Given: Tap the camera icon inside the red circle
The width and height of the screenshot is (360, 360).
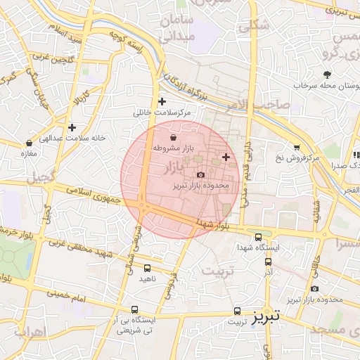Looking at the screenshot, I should click(200, 174).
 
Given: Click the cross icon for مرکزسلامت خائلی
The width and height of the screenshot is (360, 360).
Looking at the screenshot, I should click(162, 101).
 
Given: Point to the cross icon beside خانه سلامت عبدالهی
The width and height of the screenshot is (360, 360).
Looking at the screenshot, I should click(72, 127).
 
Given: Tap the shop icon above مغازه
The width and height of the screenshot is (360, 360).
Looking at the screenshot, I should click(29, 143).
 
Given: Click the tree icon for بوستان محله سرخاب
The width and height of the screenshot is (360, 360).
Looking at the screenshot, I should click(326, 74).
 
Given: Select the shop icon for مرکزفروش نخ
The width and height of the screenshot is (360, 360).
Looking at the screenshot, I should click(297, 148).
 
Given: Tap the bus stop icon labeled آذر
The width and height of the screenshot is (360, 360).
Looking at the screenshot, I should click(268, 262).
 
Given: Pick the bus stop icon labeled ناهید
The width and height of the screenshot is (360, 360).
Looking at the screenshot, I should click(147, 268).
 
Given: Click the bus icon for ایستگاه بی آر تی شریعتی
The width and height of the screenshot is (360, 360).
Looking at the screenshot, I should click(134, 309).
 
